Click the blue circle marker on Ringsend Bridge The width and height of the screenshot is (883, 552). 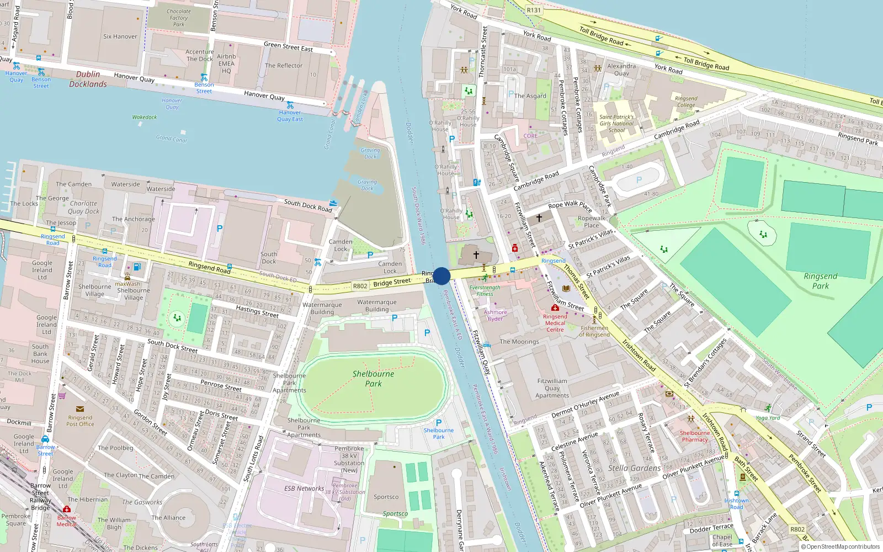pyautogui.click(x=441, y=276)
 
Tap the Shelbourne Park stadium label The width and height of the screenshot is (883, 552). pyautogui.click(x=373, y=379)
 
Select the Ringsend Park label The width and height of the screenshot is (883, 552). pyautogui.click(x=820, y=281)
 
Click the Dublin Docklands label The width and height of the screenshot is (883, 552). pyautogui.click(x=88, y=79)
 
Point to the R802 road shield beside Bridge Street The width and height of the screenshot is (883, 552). pyautogui.click(x=360, y=286)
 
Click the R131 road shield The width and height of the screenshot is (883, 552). pyautogui.click(x=534, y=10)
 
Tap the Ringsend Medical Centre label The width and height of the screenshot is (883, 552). pyautogui.click(x=555, y=323)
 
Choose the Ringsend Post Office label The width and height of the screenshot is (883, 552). pyautogui.click(x=80, y=421)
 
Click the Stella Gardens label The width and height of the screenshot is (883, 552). pyautogui.click(x=634, y=468)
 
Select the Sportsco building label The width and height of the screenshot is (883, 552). pyautogui.click(x=386, y=497)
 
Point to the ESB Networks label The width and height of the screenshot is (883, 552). pyautogui.click(x=304, y=489)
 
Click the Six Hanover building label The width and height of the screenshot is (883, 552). pyautogui.click(x=120, y=36)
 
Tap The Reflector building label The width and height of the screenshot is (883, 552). pyautogui.click(x=284, y=66)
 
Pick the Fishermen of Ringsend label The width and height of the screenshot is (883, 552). pyautogui.click(x=594, y=331)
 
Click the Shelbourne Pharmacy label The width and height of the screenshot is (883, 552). pyautogui.click(x=695, y=436)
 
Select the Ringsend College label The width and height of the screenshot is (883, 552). pyautogui.click(x=686, y=102)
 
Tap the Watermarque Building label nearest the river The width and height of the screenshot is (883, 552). pyautogui.click(x=377, y=306)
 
